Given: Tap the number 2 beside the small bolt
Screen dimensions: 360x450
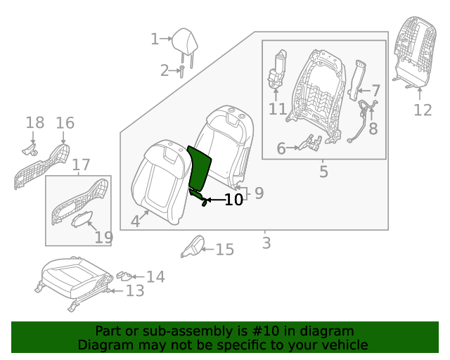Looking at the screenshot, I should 165,70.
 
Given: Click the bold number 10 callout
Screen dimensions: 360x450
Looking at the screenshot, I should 233,200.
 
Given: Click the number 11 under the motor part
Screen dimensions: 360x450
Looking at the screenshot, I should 277,109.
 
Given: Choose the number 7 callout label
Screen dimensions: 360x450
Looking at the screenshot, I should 375,90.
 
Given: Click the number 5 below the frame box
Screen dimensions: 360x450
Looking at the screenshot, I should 323,171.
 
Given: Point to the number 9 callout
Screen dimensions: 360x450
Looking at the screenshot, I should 258,193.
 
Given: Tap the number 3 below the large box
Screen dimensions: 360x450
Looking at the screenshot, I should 266,243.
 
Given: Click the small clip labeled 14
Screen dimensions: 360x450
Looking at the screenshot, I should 124,275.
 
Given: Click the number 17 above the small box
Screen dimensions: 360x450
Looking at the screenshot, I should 81,166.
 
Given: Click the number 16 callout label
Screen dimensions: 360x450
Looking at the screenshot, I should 65,124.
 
